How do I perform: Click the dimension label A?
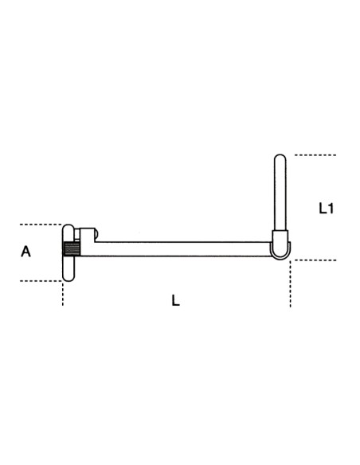click(25, 252)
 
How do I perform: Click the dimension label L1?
click(326, 209)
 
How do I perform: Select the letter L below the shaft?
click(176, 300)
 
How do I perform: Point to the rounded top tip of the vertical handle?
click(279, 158)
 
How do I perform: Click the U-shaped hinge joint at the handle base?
click(279, 251)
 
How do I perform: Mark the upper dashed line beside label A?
click(40, 225)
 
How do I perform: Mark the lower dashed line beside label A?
click(40, 279)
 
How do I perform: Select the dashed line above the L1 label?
click(315, 154)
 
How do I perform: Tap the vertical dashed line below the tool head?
click(63, 294)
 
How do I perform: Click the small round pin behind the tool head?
click(91, 235)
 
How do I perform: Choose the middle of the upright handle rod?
click(279, 195)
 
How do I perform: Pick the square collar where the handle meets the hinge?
click(279, 237)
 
